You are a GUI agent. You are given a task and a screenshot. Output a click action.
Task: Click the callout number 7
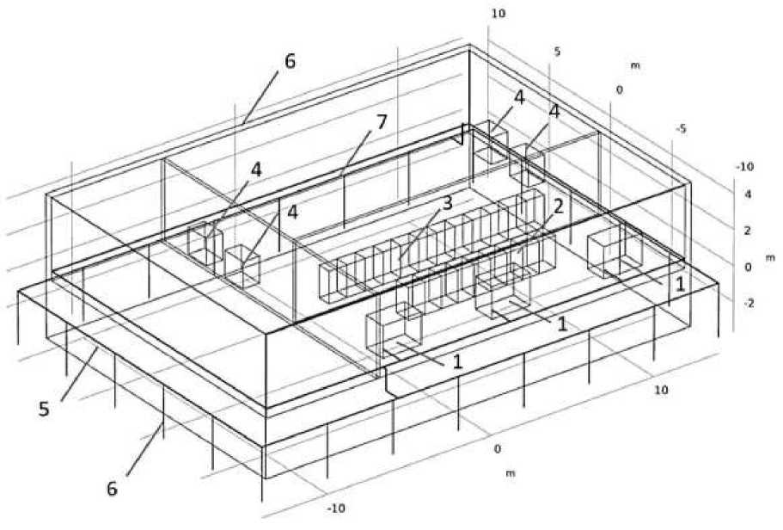tap(381, 122)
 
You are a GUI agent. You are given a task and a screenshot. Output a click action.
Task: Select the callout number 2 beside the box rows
tap(557, 206)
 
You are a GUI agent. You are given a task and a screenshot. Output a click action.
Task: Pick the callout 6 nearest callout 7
tap(290, 62)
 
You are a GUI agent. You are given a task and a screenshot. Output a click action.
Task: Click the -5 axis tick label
tap(681, 129)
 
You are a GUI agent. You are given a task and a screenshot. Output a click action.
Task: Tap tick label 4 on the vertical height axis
tap(748, 194)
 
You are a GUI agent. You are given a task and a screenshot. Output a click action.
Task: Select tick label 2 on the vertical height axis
tap(748, 231)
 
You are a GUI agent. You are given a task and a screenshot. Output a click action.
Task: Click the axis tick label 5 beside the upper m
tap(557, 52)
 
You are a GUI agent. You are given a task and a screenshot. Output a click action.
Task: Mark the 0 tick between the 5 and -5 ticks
tap(619, 89)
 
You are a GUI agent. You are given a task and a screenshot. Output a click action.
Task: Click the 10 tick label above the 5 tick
tap(499, 13)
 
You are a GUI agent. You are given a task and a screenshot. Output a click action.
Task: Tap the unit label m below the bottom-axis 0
tap(510, 473)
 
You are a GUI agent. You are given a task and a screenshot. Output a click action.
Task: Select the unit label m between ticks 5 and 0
tap(635, 65)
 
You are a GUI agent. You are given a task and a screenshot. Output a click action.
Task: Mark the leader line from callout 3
tap(420, 231)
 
